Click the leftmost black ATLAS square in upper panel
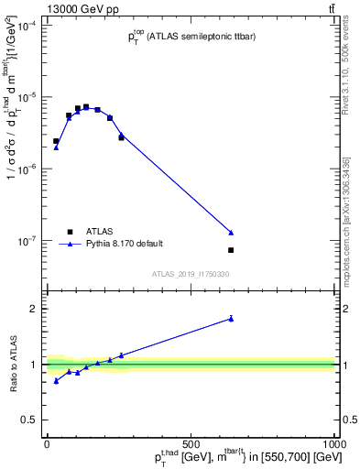[x=56, y=141]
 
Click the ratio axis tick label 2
[x=36, y=309]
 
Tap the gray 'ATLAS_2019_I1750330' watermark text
[x=191, y=274]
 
